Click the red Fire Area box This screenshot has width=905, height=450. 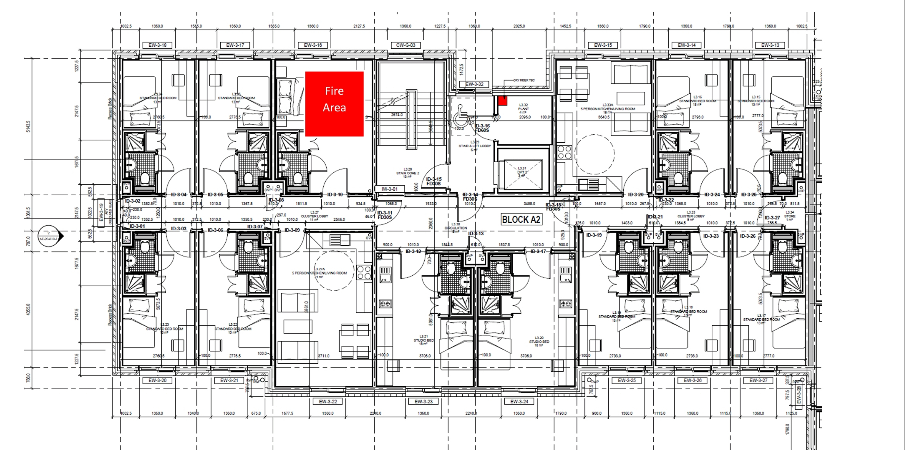[334, 104]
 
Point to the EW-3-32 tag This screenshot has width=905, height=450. [474, 84]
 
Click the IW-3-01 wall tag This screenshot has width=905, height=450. [390, 189]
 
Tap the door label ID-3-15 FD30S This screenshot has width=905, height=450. [434, 181]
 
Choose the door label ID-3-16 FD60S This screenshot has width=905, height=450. [482, 128]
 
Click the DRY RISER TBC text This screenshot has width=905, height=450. [524, 80]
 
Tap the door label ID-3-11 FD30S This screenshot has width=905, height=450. [385, 215]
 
